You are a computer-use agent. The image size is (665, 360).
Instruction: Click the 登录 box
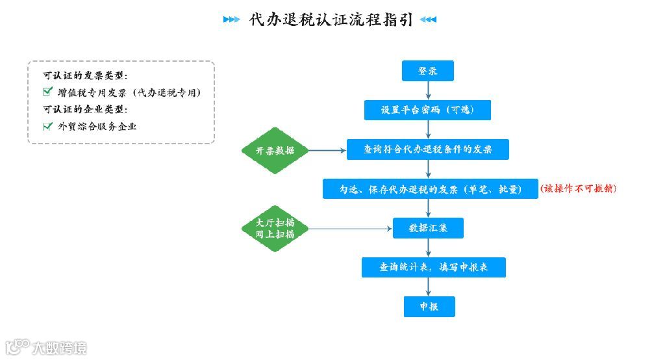point(427,71)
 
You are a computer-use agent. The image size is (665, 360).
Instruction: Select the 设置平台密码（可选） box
point(427,110)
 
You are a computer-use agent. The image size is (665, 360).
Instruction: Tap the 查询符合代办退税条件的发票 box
point(427,149)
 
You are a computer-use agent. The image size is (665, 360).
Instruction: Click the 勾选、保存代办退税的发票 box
point(430,189)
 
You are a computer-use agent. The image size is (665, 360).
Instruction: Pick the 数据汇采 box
point(427,228)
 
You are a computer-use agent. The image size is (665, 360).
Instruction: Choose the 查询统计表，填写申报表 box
point(433,267)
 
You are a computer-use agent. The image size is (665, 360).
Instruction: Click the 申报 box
point(429,306)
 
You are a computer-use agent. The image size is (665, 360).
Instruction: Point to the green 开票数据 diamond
point(275,150)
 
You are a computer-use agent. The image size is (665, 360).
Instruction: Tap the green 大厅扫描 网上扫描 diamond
point(275,228)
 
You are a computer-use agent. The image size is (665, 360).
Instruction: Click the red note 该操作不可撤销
point(577,188)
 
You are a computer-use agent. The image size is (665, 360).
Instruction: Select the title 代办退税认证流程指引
point(331,19)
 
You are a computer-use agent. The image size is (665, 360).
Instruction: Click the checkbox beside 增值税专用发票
point(47,92)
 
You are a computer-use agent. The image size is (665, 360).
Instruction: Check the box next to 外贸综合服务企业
point(47,126)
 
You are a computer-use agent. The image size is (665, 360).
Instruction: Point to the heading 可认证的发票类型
point(85,75)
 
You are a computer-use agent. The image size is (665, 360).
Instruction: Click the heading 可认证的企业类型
point(85,109)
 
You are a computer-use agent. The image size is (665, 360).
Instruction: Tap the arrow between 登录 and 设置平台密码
point(427,90)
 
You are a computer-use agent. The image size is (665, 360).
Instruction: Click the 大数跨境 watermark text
point(59,348)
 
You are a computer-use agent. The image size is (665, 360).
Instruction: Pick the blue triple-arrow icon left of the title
point(231,19)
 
